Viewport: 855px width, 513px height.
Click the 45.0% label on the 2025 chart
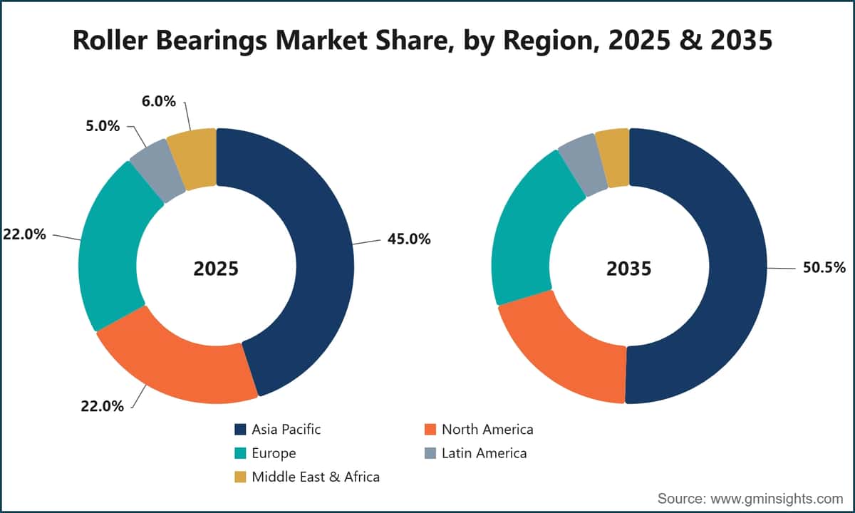click(409, 239)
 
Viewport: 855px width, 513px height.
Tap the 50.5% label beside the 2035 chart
click(824, 268)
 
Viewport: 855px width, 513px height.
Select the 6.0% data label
click(158, 101)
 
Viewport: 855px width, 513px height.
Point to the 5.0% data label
click(103, 125)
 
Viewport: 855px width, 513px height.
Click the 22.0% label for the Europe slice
click(24, 234)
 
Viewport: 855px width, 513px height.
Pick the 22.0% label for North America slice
click(103, 406)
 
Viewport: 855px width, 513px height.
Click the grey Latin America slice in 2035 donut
click(584, 165)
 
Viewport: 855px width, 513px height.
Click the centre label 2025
click(216, 269)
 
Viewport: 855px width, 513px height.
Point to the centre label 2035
click(629, 269)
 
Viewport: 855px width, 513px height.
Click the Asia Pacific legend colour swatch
click(240, 430)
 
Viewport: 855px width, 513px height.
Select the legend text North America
click(487, 430)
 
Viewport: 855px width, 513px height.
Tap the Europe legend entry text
click(274, 453)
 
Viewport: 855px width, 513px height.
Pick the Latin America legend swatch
click(430, 453)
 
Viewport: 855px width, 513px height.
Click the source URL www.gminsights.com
click(777, 499)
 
